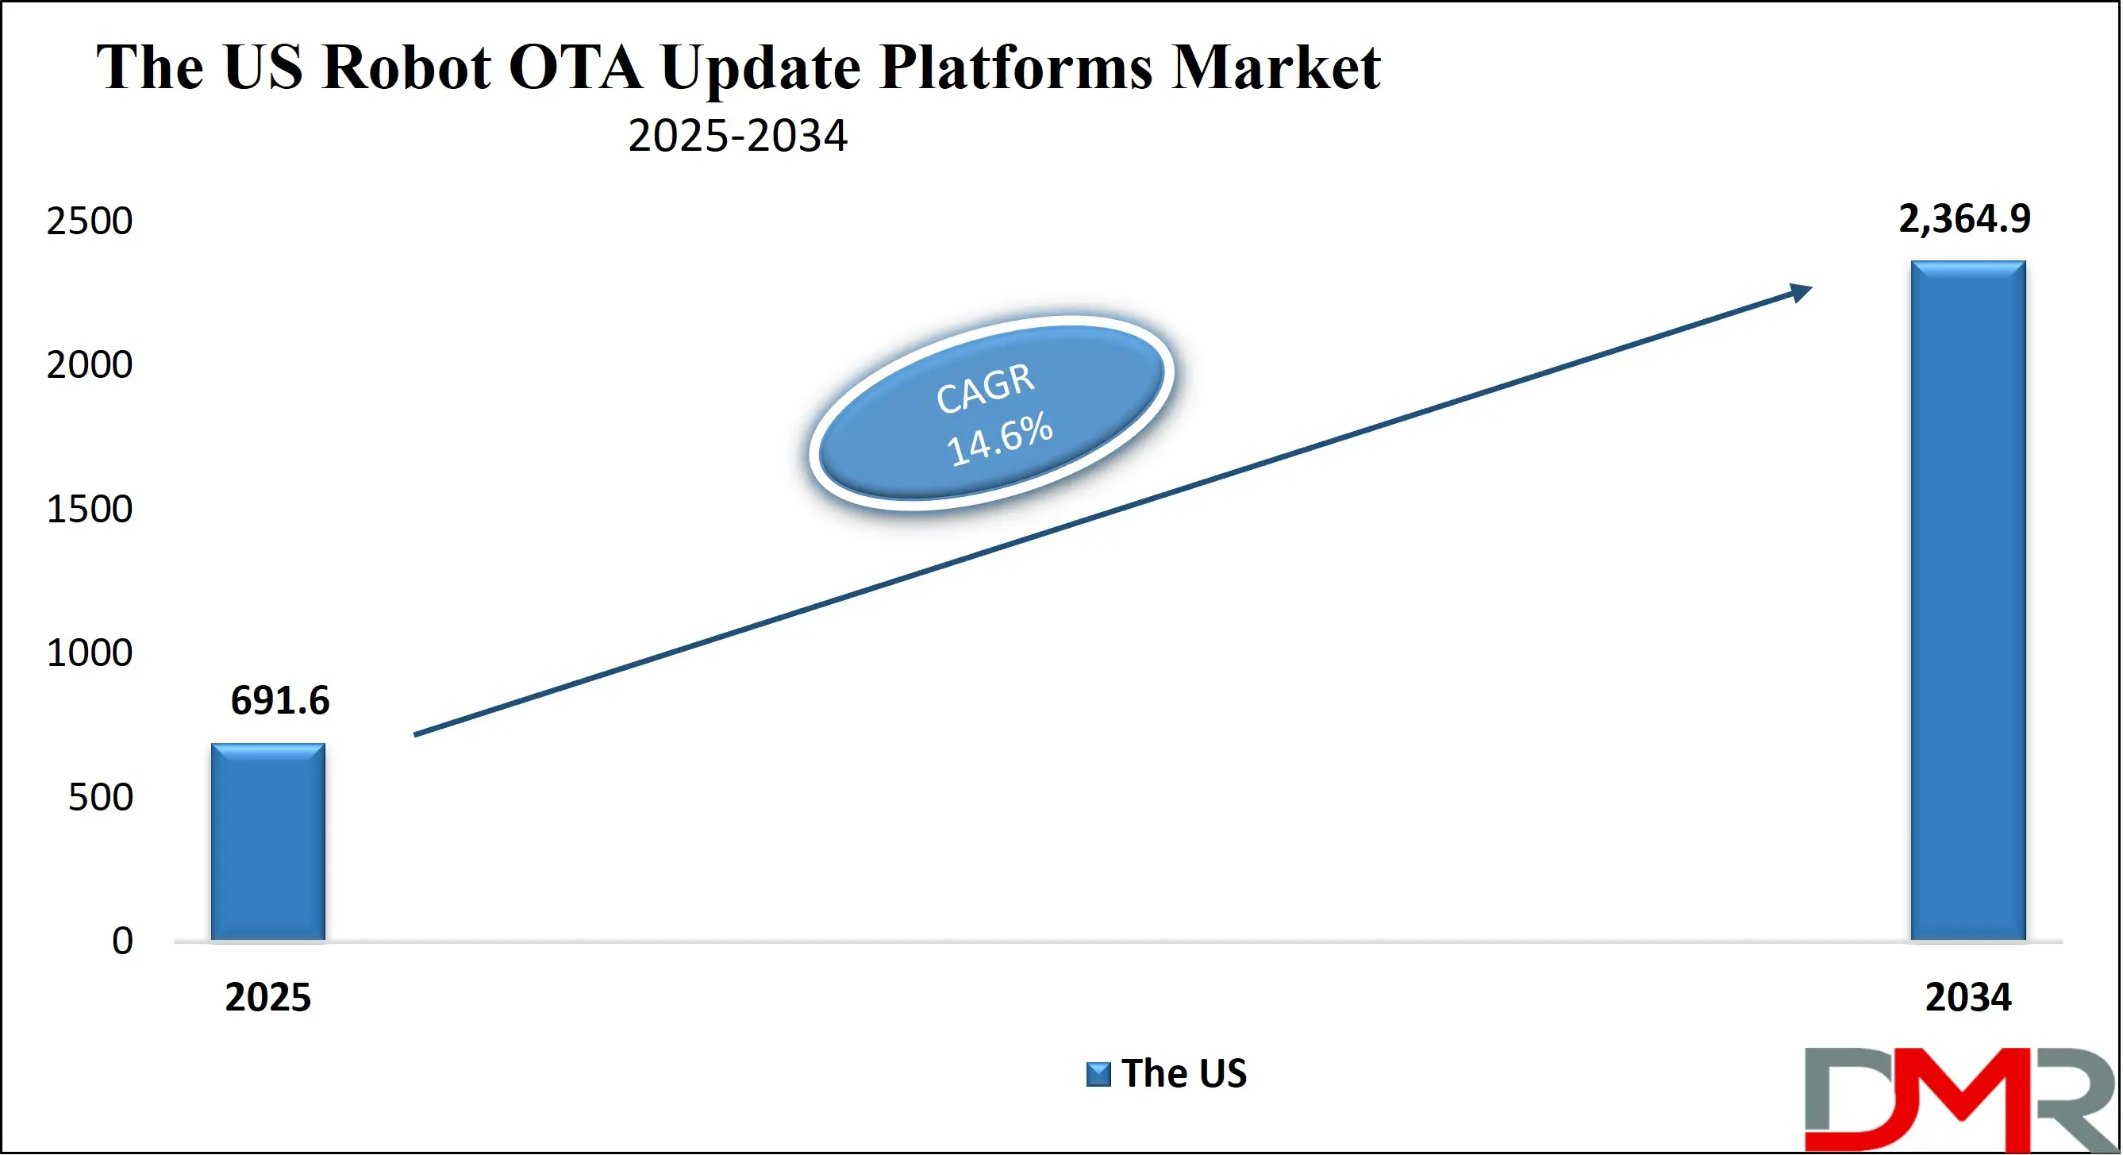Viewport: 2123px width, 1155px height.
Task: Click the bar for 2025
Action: tap(267, 841)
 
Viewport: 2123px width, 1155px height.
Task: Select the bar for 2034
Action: tap(1968, 601)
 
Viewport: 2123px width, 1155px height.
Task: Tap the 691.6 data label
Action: tap(280, 701)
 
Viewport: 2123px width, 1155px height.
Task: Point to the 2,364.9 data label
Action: tap(1965, 219)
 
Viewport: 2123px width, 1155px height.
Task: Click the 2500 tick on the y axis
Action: tap(89, 221)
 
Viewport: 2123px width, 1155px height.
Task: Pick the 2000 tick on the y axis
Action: tap(89, 365)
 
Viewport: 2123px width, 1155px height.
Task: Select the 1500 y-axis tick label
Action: tap(89, 510)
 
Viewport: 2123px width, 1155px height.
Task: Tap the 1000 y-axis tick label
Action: tap(89, 653)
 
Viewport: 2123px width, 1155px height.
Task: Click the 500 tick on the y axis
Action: tap(100, 797)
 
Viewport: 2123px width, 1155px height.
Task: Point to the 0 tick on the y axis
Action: tap(122, 941)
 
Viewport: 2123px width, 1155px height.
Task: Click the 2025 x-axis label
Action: tap(267, 998)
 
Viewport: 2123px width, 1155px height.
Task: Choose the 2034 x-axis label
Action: tap(1968, 998)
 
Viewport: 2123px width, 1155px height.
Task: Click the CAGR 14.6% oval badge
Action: tap(992, 413)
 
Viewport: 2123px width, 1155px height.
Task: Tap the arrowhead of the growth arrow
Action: tap(1800, 293)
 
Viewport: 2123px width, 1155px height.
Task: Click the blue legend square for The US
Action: tap(1098, 1074)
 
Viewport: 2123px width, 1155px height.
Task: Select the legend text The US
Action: tap(1184, 1073)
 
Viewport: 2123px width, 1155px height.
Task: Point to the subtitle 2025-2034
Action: tap(737, 136)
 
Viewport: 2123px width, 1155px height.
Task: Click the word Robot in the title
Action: tap(407, 67)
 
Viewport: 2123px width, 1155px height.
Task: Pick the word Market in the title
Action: tap(1275, 67)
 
